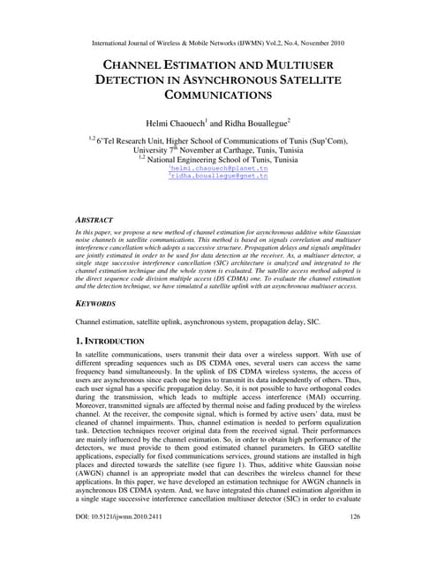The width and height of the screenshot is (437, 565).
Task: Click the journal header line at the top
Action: [x=218, y=41]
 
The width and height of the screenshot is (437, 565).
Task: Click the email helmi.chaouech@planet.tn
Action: [x=219, y=168]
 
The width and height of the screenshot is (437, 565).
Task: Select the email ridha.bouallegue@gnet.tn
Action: [x=219, y=177]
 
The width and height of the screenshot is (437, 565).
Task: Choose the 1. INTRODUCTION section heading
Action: [x=107, y=341]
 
